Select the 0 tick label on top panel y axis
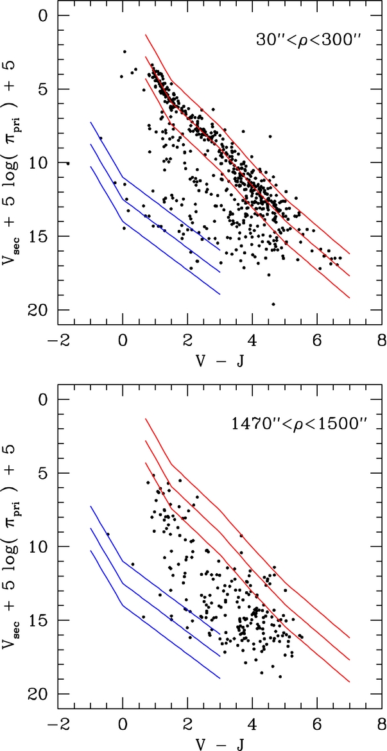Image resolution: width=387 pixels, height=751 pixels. [46, 15]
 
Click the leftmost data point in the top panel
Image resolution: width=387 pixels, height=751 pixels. [67, 163]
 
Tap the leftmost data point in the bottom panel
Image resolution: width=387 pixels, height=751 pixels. [108, 534]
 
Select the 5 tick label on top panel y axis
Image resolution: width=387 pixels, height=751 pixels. [46, 89]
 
